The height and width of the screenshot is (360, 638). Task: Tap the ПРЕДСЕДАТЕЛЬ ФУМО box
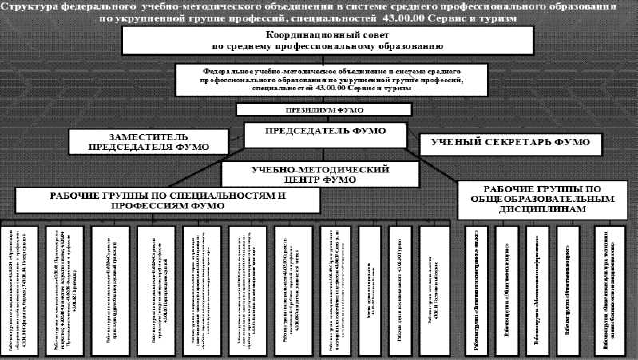pyautogui.click(x=323, y=131)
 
